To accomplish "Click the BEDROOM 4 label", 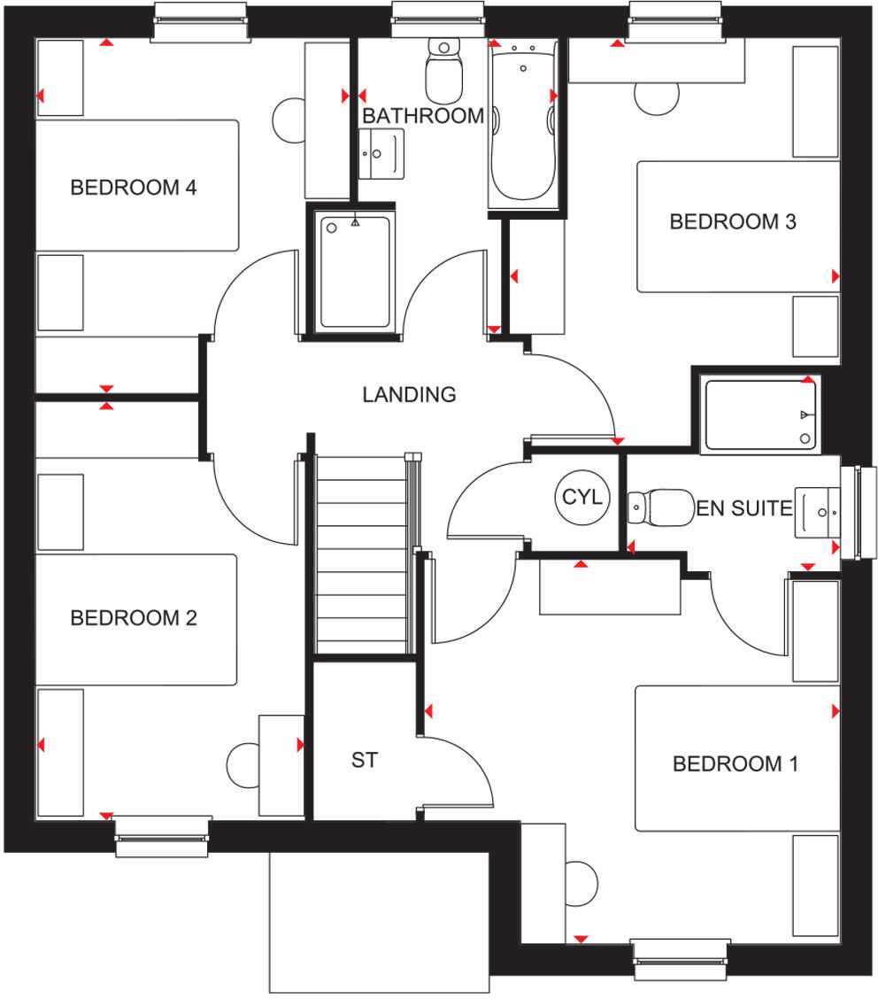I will pyautogui.click(x=134, y=188).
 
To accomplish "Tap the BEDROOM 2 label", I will pyautogui.click(x=134, y=617).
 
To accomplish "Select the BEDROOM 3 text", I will pyautogui.click(x=733, y=221).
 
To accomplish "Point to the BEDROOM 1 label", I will pyautogui.click(x=736, y=763).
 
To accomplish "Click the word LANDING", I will pyautogui.click(x=409, y=395).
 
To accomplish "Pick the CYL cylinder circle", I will pyautogui.click(x=581, y=498).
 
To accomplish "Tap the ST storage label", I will pyautogui.click(x=364, y=760).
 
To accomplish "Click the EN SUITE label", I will pyautogui.click(x=743, y=508).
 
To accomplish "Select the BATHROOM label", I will pyautogui.click(x=423, y=116).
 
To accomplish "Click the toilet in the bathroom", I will pyautogui.click(x=444, y=71).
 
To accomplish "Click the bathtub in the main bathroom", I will pyautogui.click(x=523, y=124).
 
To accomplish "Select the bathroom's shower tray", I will pyautogui.click(x=355, y=272).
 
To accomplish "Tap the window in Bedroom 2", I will pyautogui.click(x=163, y=837).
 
